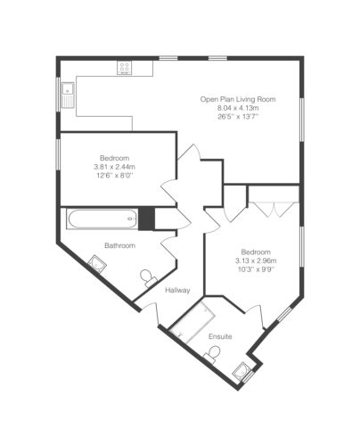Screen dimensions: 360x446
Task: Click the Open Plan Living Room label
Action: [238, 99]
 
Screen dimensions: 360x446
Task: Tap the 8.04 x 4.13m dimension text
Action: [238, 108]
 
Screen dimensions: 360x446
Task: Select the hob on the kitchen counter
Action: [125, 68]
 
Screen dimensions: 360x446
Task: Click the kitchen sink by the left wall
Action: [68, 94]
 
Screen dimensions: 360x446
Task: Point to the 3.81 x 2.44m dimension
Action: [114, 167]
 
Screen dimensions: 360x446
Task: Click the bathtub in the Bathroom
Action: [102, 219]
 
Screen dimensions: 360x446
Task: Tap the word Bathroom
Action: [119, 245]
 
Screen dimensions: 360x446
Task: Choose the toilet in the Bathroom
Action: [148, 277]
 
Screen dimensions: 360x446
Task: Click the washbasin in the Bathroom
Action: [97, 262]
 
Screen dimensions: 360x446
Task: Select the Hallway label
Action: [177, 290]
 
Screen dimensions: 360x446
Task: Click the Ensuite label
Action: [220, 336]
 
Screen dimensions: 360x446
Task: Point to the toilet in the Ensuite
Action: [212, 354]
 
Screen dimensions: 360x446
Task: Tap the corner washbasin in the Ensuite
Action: [241, 371]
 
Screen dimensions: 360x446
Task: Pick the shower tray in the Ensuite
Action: [193, 323]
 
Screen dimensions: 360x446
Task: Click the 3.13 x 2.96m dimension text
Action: [256, 261]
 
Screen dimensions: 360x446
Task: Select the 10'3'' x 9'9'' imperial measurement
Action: [256, 269]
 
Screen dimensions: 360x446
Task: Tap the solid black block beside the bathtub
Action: [147, 219]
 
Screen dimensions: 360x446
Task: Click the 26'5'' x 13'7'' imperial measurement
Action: [238, 117]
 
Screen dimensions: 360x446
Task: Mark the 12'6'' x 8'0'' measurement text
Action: [114, 176]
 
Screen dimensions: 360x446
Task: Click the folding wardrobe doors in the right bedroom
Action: [274, 209]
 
